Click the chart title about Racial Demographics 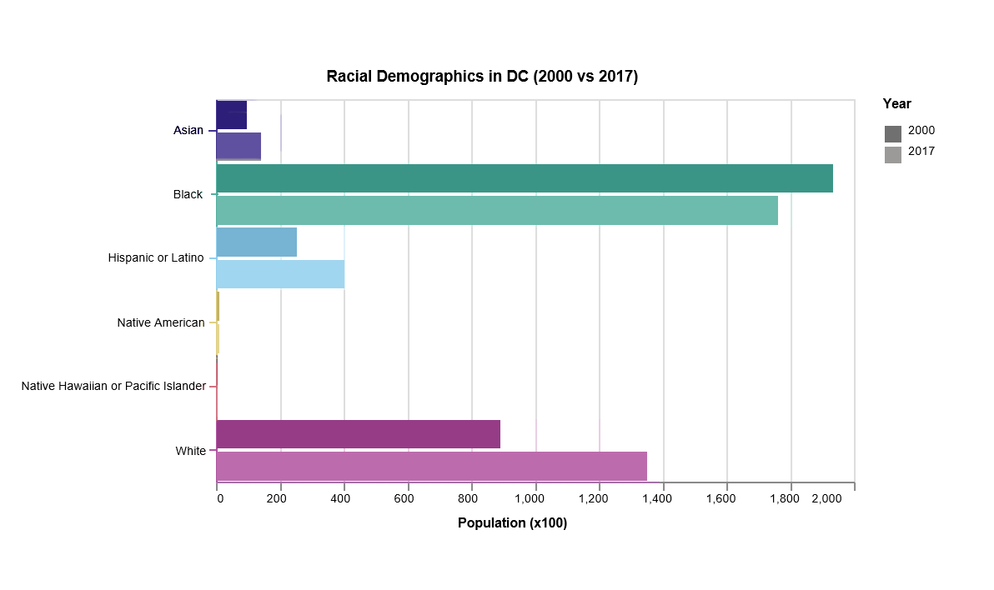click(482, 77)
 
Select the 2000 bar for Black click(525, 178)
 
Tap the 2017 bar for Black click(497, 210)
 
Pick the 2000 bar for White click(359, 434)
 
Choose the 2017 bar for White click(432, 466)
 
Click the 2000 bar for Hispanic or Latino click(257, 242)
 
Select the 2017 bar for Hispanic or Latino click(280, 274)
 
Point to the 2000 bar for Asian click(232, 115)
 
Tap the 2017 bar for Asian click(238, 147)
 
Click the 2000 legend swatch click(893, 133)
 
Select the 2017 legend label click(921, 152)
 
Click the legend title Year click(897, 104)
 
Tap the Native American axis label click(161, 322)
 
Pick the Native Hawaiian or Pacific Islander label click(113, 387)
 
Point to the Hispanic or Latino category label click(156, 258)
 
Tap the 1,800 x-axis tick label click(785, 499)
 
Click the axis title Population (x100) click(512, 523)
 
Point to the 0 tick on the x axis click(220, 499)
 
